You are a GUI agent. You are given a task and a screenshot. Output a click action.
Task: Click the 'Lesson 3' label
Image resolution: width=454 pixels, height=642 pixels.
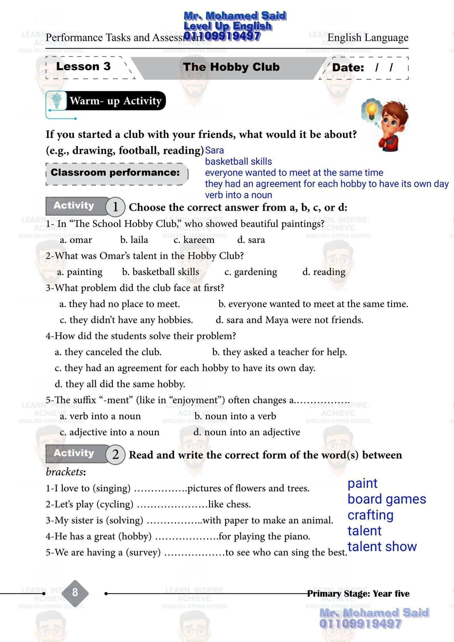tap(83, 66)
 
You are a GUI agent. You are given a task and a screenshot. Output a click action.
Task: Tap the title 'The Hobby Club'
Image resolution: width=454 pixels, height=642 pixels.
tap(231, 67)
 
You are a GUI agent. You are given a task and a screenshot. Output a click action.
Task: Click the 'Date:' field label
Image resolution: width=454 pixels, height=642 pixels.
tap(348, 68)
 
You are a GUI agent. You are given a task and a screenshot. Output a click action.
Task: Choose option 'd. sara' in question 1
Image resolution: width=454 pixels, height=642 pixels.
tap(251, 240)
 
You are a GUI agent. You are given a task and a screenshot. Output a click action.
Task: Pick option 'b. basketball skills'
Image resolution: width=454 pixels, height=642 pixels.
tap(160, 272)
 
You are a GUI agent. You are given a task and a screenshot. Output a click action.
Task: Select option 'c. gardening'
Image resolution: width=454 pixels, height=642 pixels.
tap(251, 272)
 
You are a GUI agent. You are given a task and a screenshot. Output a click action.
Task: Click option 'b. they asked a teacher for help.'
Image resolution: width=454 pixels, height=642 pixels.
tap(279, 352)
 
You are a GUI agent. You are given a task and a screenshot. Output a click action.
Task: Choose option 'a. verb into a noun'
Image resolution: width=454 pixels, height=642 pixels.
tap(100, 416)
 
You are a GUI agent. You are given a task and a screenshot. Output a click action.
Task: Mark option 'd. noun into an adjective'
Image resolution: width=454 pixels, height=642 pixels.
tap(247, 432)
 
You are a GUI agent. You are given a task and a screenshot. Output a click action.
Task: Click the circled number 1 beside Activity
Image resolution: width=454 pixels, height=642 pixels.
tap(115, 207)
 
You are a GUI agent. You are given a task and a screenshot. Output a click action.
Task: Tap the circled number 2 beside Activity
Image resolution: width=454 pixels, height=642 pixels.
tap(115, 455)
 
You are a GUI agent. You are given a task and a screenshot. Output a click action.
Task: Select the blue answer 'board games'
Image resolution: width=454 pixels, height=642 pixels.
tap(387, 499)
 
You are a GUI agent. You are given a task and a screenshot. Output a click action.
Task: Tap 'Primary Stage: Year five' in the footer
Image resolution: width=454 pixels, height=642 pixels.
tap(358, 594)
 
